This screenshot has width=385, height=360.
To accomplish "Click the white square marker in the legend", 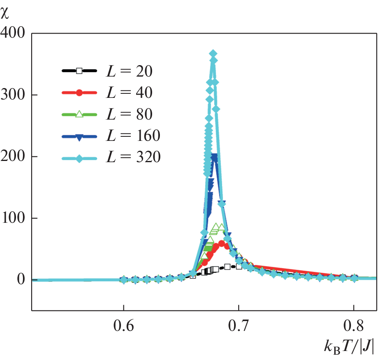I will pyautogui.click(x=80, y=71).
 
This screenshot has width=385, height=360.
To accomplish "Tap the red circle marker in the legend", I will pyautogui.click(x=80, y=93).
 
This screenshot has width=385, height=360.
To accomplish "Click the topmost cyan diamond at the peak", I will pyautogui.click(x=213, y=54).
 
